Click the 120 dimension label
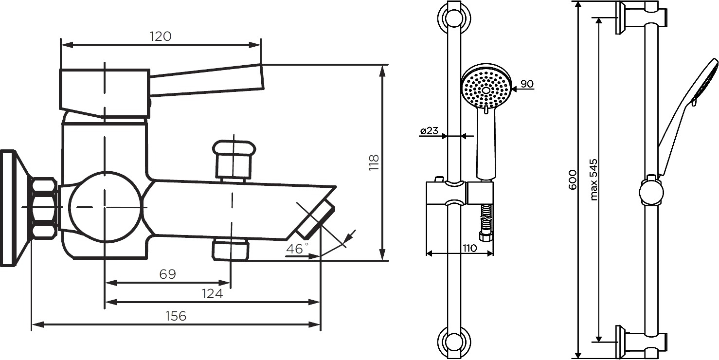point(161,36)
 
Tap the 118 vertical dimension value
point(374,162)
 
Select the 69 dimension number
point(167,274)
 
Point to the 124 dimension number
point(212,293)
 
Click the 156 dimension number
point(176,316)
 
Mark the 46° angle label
point(297,248)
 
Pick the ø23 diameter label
point(429,130)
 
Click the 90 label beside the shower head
point(527,84)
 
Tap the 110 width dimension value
point(469,248)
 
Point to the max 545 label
point(594,180)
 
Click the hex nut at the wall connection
point(44,209)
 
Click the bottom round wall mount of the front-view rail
point(454,342)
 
